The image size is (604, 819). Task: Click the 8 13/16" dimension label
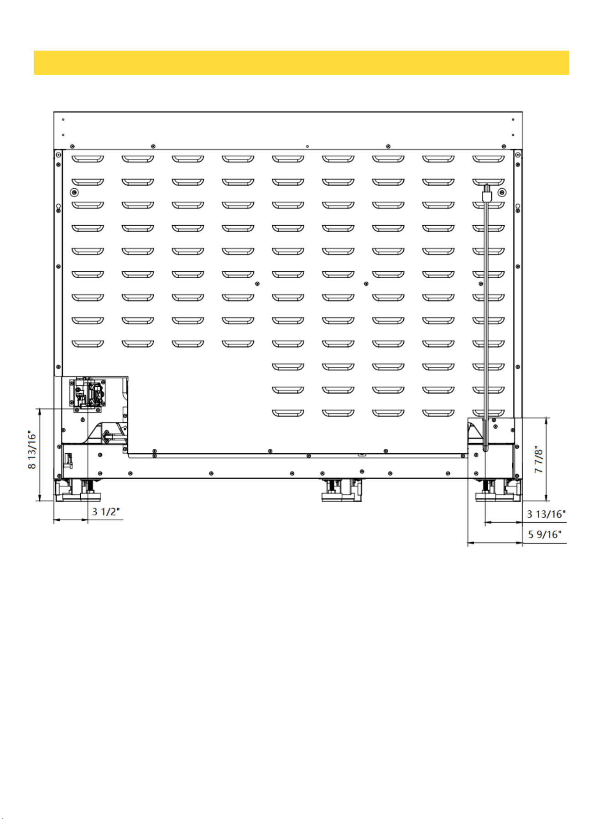(x=31, y=449)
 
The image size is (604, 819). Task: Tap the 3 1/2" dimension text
(x=106, y=512)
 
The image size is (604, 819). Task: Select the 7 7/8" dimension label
(x=539, y=459)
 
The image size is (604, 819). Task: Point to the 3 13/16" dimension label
(x=546, y=514)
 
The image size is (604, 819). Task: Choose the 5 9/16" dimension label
(x=545, y=534)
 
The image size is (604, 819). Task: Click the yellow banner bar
(x=302, y=62)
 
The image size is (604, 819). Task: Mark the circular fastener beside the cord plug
(x=502, y=192)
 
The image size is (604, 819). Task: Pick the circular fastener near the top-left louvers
(x=74, y=192)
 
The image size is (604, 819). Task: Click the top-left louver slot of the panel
(x=88, y=159)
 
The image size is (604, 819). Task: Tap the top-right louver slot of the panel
(x=488, y=159)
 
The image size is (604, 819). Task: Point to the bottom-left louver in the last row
(x=288, y=413)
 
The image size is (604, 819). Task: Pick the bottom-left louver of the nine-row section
(x=88, y=344)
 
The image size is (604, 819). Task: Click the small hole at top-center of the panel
(x=307, y=146)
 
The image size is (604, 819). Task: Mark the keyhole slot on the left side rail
(x=58, y=208)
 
